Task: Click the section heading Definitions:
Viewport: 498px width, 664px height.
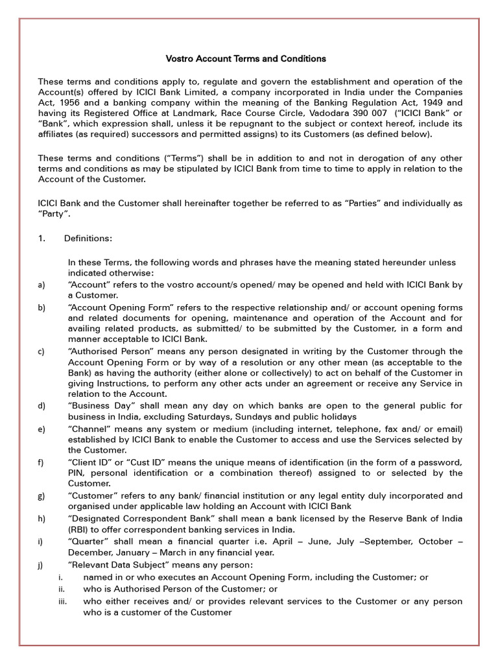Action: (x=88, y=239)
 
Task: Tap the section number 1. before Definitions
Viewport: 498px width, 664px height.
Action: (x=42, y=239)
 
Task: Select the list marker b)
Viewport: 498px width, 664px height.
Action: (x=41, y=307)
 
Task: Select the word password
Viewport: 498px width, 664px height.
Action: (x=439, y=462)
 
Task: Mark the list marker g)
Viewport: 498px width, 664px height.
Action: (x=41, y=496)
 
